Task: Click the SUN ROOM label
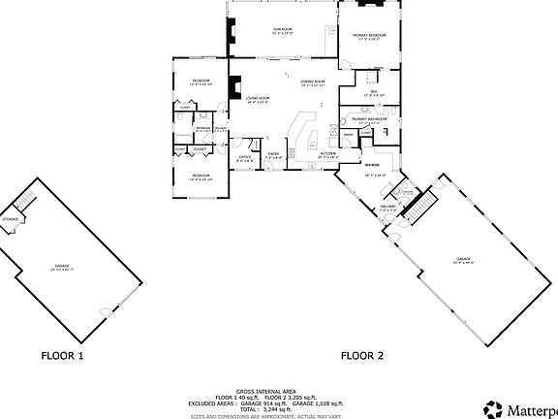pyautogui.click(x=283, y=31)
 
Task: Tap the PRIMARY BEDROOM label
pyautogui.click(x=370, y=35)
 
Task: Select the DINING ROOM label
pyautogui.click(x=312, y=81)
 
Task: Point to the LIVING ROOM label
pyautogui.click(x=258, y=98)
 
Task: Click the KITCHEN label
pyautogui.click(x=328, y=153)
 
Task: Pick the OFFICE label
pyautogui.click(x=246, y=156)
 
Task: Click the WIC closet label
pyautogui.click(x=373, y=93)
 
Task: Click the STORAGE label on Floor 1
pyautogui.click(x=10, y=219)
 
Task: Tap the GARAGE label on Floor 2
pyautogui.click(x=463, y=258)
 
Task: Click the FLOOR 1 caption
pyautogui.click(x=62, y=356)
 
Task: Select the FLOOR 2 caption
pyautogui.click(x=361, y=356)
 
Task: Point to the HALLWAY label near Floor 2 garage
pyautogui.click(x=389, y=207)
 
